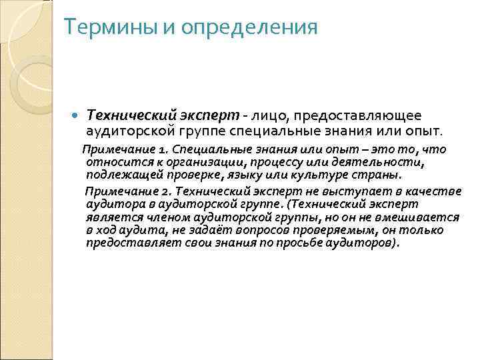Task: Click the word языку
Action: (253, 175)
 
